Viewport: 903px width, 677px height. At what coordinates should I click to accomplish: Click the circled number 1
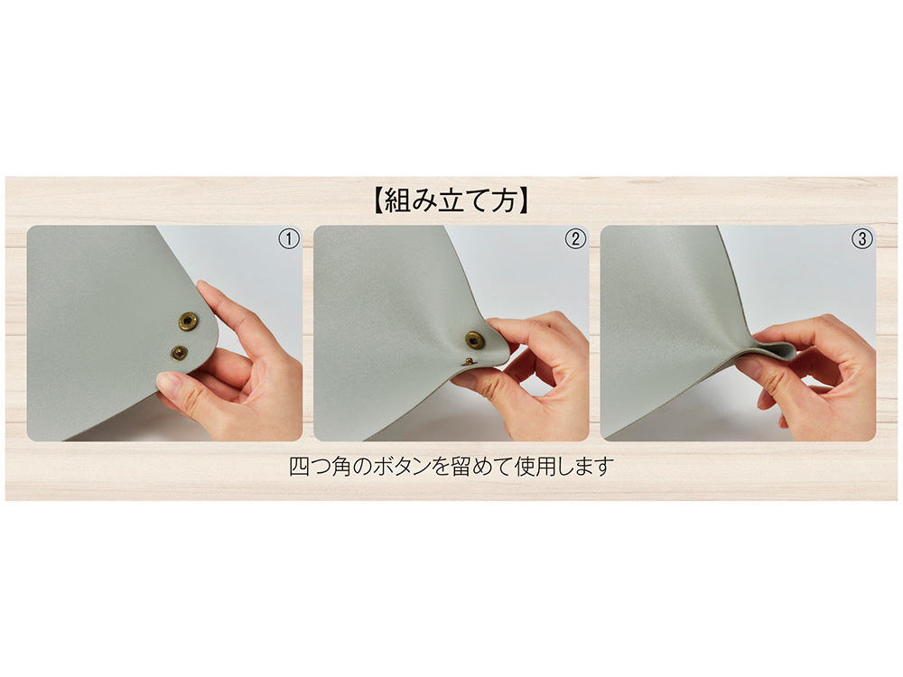[x=289, y=239]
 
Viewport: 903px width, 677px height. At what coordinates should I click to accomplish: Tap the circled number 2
[x=575, y=239]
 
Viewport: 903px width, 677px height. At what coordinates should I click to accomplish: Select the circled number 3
[x=862, y=239]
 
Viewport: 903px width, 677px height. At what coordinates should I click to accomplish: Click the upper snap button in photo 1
[x=188, y=320]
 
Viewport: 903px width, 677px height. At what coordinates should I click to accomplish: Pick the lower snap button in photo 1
[x=179, y=352]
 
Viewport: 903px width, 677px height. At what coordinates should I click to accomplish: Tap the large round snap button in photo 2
[x=474, y=340]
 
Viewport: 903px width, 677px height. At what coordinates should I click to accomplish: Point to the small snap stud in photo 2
[x=470, y=362]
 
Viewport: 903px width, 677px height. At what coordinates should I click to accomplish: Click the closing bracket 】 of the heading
[x=523, y=200]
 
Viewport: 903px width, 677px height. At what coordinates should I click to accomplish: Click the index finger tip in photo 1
[x=205, y=288]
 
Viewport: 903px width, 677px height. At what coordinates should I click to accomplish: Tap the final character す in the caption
[x=603, y=467]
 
